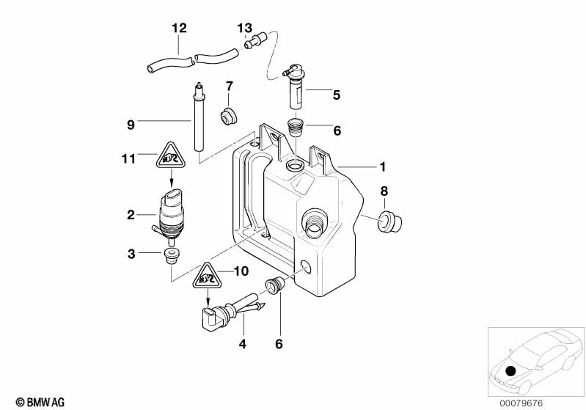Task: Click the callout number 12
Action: (179, 28)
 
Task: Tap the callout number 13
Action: (244, 28)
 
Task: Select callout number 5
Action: (337, 94)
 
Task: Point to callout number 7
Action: (229, 86)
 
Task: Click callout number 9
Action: (131, 124)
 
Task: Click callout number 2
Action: (131, 215)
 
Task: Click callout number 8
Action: (384, 192)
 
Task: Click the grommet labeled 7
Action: (228, 116)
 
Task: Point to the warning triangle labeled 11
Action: (170, 155)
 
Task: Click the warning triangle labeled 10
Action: (208, 278)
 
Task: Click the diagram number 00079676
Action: (521, 402)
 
